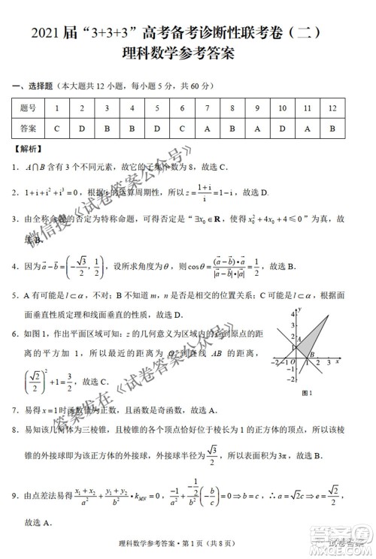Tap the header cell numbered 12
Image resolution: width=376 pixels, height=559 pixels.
pos(332,108)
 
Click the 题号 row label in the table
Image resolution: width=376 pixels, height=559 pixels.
pos(28,108)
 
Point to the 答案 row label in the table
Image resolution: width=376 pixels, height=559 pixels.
pos(28,128)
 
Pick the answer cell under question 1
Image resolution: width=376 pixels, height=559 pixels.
pos(57,128)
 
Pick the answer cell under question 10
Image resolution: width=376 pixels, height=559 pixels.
pos(282,128)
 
